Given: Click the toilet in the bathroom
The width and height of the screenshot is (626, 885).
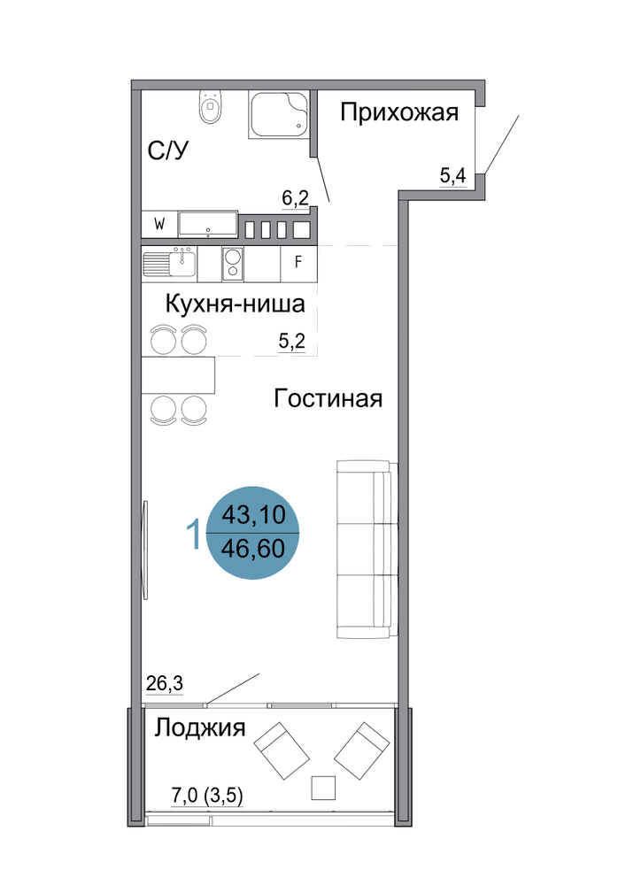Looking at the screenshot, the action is coord(210,107).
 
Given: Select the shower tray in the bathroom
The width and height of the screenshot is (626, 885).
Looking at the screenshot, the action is coord(278,115).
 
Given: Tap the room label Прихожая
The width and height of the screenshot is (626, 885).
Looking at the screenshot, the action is coord(399,112).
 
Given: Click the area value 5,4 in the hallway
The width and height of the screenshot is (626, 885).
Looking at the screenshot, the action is coord(452,175).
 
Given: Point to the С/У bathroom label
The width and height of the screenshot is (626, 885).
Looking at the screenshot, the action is coord(167,150).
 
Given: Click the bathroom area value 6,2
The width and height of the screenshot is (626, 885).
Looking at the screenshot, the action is coord(295,198).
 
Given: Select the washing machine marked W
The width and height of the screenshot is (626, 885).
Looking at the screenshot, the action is coord(159,225).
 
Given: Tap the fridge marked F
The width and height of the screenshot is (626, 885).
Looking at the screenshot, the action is coord(298,262).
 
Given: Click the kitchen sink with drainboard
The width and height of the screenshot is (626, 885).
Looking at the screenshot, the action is coord(169,264).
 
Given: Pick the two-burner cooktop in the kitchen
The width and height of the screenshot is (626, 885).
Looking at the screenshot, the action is coord(233,264).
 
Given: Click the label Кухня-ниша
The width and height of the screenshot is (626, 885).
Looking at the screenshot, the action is coord(236,304).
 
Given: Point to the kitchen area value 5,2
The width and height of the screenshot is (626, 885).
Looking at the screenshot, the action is coord(292,341).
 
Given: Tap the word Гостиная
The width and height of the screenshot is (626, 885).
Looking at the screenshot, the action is coord(328,398).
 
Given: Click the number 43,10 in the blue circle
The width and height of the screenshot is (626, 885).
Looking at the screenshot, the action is coord(253,515).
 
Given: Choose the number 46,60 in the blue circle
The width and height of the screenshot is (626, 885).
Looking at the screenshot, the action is coord(253,548).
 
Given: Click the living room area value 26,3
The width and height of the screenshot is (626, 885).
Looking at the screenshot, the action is coord(165,683).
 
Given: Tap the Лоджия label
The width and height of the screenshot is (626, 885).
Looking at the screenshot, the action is coord(200,728).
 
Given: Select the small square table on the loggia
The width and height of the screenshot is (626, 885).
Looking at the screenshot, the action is coord(323,788).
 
